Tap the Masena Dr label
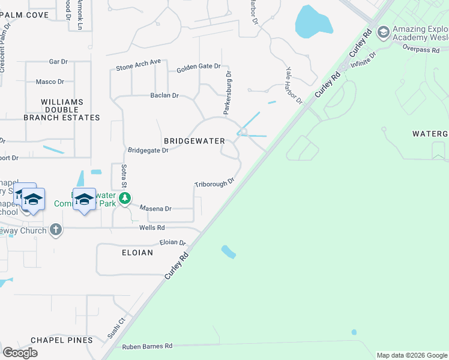tap(156, 208)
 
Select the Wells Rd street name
tap(152, 228)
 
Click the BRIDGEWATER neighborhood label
tap(194, 141)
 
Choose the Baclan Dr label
tap(164, 95)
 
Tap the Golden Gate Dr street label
tap(198, 68)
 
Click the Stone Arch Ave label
tap(139, 62)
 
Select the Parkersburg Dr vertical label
tap(228, 92)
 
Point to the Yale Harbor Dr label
tap(295, 86)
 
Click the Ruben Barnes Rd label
tap(147, 346)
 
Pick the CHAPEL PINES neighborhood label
tap(62, 340)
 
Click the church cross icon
tap(56, 229)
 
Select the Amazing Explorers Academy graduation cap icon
tap(383, 32)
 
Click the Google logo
tap(20, 352)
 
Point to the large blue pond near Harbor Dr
tap(313, 23)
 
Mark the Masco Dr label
tap(50, 82)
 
